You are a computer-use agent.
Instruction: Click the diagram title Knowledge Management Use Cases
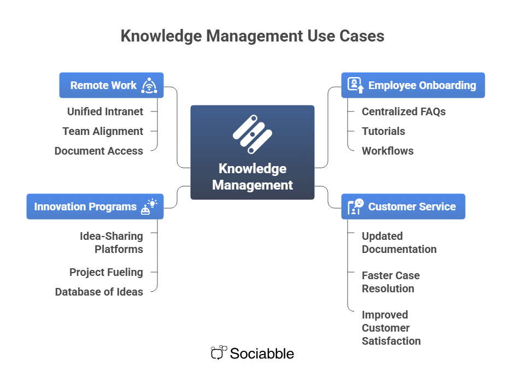252,36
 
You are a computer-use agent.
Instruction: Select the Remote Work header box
103,85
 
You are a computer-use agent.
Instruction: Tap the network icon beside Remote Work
149,85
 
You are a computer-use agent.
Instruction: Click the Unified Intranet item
105,111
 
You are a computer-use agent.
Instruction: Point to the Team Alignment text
103,131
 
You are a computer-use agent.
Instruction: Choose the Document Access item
99,151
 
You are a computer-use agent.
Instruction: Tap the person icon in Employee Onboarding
355,85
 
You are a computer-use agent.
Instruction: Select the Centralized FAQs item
403,111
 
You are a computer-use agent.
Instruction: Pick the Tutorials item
383,131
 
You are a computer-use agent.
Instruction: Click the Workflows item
387,151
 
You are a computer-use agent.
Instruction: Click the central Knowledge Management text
252,176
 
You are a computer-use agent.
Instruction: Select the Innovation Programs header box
85,207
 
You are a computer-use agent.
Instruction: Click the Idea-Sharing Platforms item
111,243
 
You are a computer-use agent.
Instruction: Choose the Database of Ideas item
99,292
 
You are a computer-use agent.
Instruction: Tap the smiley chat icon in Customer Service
356,207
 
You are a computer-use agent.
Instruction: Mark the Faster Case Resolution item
390,282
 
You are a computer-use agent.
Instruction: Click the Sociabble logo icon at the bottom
218,353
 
